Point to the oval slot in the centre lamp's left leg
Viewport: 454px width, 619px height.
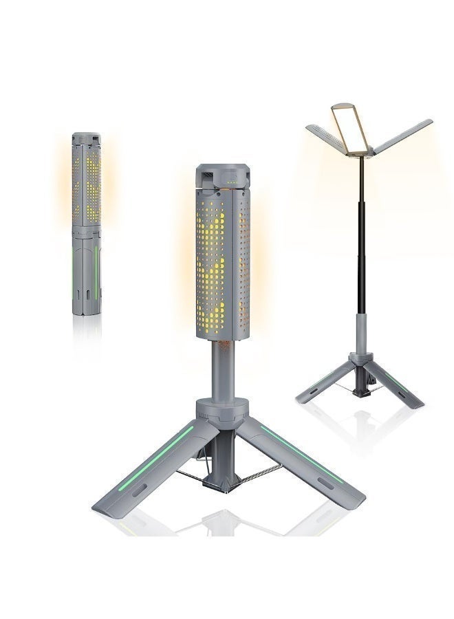click(137, 490)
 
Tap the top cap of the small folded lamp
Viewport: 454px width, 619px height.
click(87, 138)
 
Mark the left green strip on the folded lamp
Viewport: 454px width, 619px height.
click(74, 272)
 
